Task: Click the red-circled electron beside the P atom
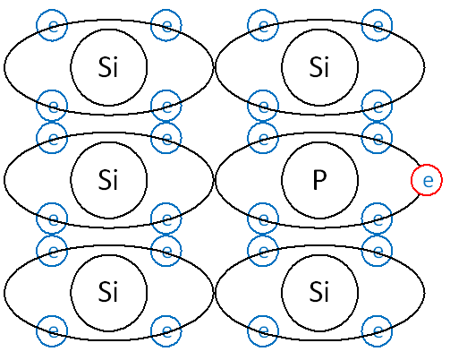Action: click(x=427, y=180)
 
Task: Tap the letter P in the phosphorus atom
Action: click(x=319, y=180)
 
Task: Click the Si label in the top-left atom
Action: click(x=108, y=67)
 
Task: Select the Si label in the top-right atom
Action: click(x=319, y=67)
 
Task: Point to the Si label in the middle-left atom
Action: click(x=108, y=180)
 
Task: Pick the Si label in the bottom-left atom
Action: click(x=108, y=292)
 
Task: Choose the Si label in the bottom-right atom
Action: click(x=319, y=292)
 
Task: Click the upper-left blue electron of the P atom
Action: click(x=263, y=138)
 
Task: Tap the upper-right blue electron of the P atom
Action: click(x=377, y=138)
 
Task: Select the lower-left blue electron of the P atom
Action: click(x=263, y=219)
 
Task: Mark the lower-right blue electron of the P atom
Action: click(x=377, y=219)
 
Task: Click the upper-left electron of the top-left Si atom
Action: click(x=52, y=25)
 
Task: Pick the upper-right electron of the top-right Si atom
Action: click(x=377, y=25)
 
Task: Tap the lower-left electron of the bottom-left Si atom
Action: click(x=52, y=331)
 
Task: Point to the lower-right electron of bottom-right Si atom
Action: click(x=377, y=331)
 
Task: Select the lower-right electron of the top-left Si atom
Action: click(x=166, y=106)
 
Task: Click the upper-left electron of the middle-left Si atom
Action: click(x=52, y=138)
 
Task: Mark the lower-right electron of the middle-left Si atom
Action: click(x=166, y=219)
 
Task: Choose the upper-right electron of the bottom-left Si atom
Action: click(x=166, y=251)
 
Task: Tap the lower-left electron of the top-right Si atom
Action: click(x=263, y=106)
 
